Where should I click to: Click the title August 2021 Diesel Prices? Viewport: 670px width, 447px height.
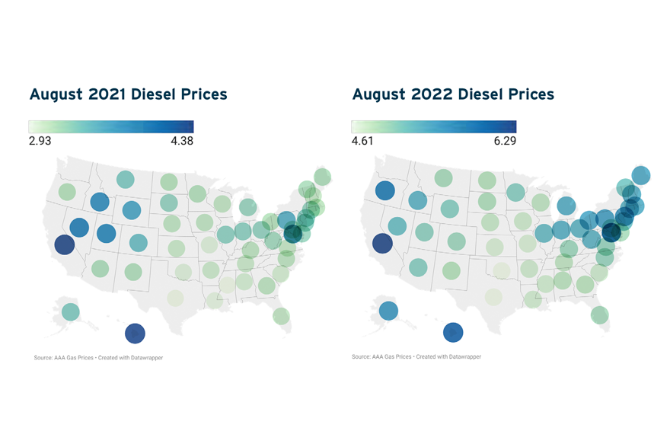[x=128, y=94]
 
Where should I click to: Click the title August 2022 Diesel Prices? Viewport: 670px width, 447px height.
[x=453, y=94]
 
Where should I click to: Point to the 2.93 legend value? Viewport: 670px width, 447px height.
[x=40, y=141]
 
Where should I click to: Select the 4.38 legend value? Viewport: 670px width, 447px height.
[x=180, y=141]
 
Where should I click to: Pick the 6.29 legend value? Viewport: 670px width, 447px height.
[x=503, y=141]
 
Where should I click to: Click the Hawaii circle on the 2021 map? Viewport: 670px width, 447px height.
[x=135, y=333]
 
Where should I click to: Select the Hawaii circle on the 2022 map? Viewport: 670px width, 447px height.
[x=453, y=333]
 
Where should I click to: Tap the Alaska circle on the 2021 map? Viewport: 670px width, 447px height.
[x=70, y=311]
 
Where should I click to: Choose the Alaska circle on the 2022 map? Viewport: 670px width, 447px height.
[x=388, y=311]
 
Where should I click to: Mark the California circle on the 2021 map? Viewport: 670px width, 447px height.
[x=64, y=244]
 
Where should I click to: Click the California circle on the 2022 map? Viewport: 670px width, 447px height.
[x=381, y=244]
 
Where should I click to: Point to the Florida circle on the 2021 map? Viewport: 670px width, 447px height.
[x=281, y=314]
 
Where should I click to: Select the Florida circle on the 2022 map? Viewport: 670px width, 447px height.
[x=599, y=314]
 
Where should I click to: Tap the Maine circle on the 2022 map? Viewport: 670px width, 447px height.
[x=641, y=175]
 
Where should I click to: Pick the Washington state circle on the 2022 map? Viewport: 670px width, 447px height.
[x=384, y=190]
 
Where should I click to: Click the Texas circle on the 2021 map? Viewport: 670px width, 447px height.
[x=175, y=298]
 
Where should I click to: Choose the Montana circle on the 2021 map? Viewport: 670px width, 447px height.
[x=125, y=180]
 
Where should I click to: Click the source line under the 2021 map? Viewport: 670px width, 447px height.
[x=98, y=358]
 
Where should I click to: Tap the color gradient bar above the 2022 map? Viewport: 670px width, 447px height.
[x=433, y=126]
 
